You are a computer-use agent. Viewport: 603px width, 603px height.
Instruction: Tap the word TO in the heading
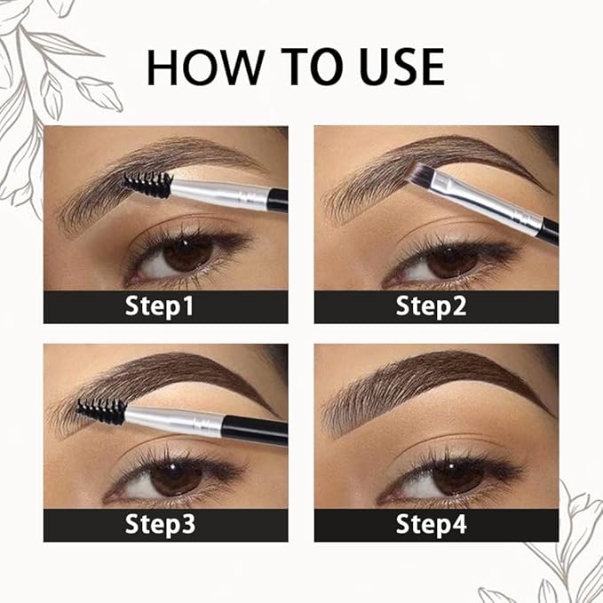point(300,68)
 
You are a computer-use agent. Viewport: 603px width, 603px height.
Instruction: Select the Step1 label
point(165,307)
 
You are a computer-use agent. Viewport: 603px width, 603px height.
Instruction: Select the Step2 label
point(436,307)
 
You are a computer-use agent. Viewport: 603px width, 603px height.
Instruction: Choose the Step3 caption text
point(165,524)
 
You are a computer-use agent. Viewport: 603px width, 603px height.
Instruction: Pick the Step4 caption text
point(436,524)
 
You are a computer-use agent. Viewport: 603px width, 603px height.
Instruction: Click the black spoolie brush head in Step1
point(148,184)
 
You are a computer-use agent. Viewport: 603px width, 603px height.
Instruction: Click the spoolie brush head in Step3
point(101,411)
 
